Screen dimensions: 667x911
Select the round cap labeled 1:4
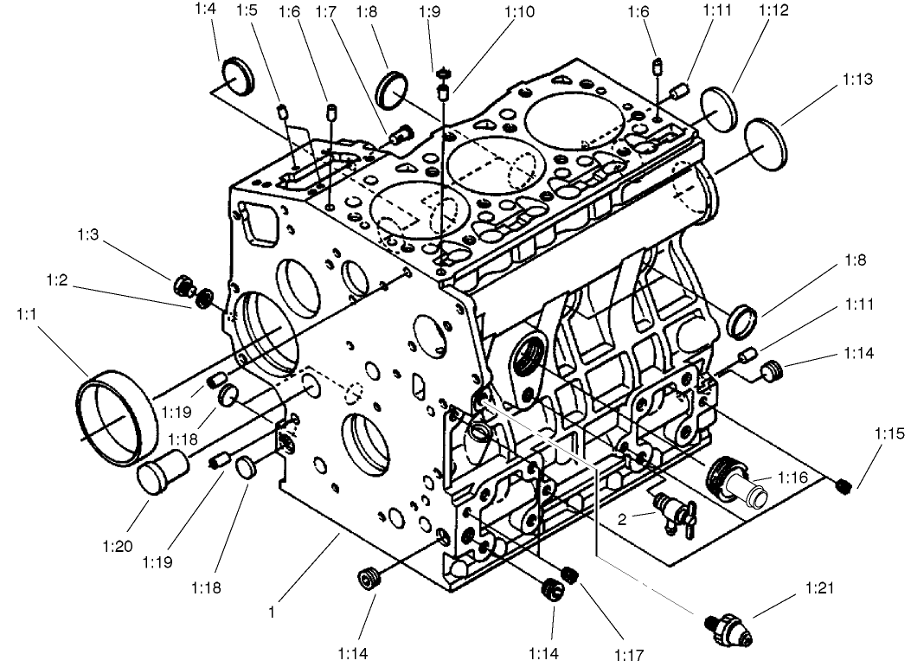tap(238, 76)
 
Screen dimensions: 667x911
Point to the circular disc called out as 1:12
tap(718, 108)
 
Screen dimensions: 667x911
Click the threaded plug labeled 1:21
tap(728, 623)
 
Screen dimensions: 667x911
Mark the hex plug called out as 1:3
tap(183, 284)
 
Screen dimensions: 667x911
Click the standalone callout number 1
tap(271, 612)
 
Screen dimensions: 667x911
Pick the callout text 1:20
tap(116, 547)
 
